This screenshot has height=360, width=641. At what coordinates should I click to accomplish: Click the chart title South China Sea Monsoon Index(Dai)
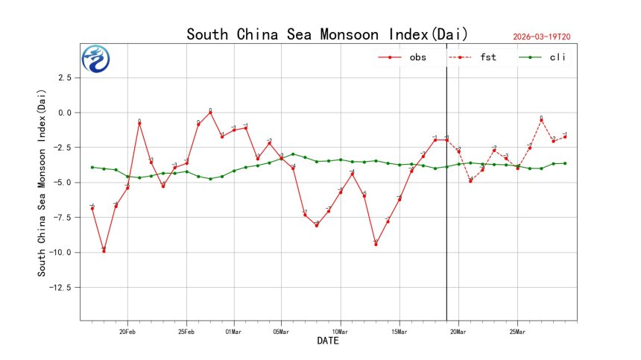point(327,34)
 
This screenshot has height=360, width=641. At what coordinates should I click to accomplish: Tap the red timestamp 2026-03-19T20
point(547,37)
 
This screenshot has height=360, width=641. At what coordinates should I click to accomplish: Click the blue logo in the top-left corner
point(95,59)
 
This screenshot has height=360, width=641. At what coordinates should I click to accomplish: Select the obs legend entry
point(417,57)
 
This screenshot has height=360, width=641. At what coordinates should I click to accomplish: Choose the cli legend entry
point(558,57)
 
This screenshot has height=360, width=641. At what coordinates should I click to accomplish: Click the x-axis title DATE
point(328,341)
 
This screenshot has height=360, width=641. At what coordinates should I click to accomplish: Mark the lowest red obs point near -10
point(104,251)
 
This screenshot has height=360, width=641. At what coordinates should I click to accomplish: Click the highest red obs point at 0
point(210,113)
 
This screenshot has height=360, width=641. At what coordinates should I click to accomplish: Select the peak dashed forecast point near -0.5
point(541,120)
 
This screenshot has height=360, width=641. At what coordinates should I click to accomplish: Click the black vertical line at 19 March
point(446,224)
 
